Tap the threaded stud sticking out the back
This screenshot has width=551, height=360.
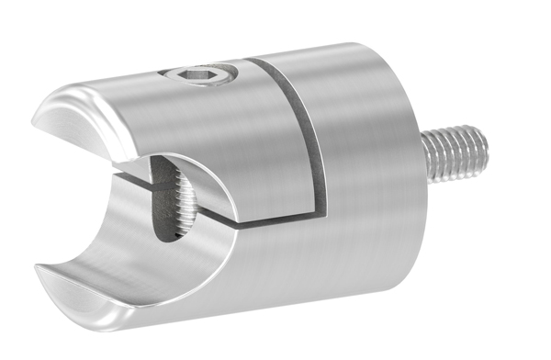[455, 154]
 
